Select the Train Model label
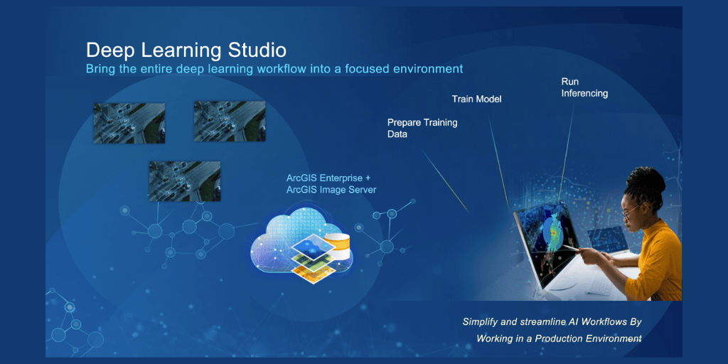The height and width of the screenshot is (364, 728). click(476, 99)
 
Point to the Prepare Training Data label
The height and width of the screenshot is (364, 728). click(422, 128)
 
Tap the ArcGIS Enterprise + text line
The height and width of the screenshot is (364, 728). click(328, 178)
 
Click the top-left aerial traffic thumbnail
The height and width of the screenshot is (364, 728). click(129, 123)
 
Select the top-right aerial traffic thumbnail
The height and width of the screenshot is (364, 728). click(230, 121)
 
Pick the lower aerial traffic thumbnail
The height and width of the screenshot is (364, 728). click(184, 181)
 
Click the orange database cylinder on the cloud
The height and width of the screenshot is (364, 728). click(339, 246)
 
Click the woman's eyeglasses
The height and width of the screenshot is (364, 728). click(631, 211)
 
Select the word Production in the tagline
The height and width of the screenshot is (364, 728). click(557, 338)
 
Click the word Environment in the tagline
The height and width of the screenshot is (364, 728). click(614, 338)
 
